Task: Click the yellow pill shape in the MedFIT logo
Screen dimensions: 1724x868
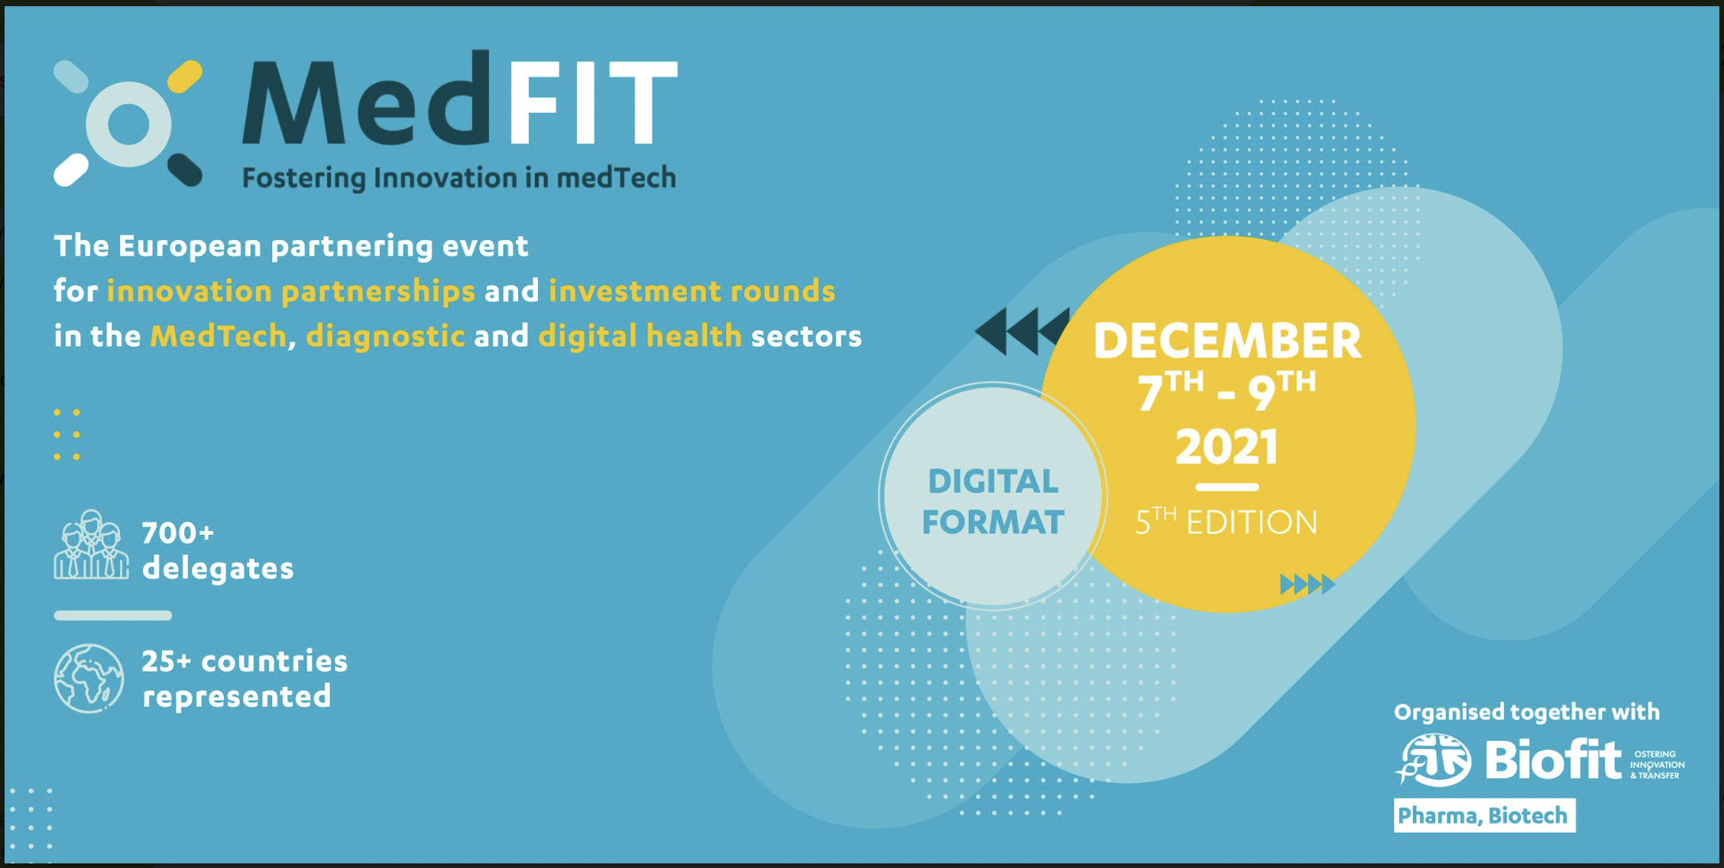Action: pyautogui.click(x=185, y=76)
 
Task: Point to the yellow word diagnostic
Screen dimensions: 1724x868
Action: pyautogui.click(x=385, y=336)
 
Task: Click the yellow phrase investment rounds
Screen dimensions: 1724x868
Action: pyautogui.click(x=692, y=291)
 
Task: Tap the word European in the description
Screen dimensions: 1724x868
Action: pyautogui.click(x=190, y=247)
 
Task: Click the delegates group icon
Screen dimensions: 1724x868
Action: pyautogui.click(x=91, y=545)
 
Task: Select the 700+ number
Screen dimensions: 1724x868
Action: pyautogui.click(x=178, y=533)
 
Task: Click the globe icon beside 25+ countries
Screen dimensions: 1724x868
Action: pyautogui.click(x=89, y=679)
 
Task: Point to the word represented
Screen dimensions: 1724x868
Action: pyautogui.click(x=237, y=696)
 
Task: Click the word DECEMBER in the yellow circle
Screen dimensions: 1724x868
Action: pyautogui.click(x=1227, y=340)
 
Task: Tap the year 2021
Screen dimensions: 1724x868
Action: pyautogui.click(x=1227, y=447)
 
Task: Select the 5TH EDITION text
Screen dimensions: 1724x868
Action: pyautogui.click(x=1226, y=521)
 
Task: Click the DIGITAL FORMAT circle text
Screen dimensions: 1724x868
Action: pyautogui.click(x=993, y=502)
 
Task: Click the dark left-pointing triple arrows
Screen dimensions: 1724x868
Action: pyautogui.click(x=1022, y=331)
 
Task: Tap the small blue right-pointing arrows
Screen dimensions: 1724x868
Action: pyautogui.click(x=1308, y=585)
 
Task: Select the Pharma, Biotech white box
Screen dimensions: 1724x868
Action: pyautogui.click(x=1484, y=815)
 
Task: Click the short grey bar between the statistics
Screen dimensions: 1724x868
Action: pyautogui.click(x=113, y=615)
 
